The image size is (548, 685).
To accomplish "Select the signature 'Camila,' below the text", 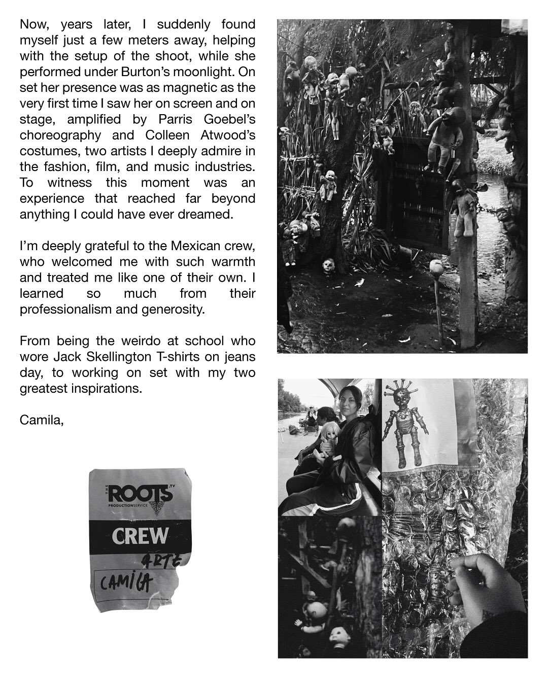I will [x=42, y=420].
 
